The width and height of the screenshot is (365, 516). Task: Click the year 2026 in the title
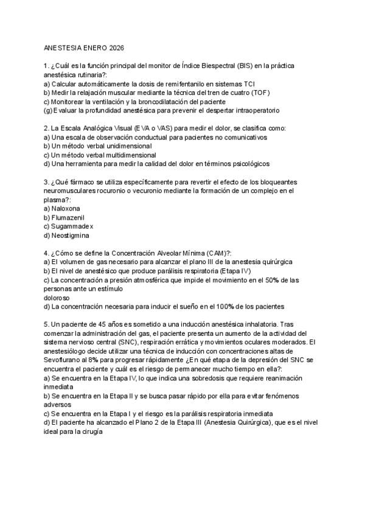[x=114, y=47]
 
